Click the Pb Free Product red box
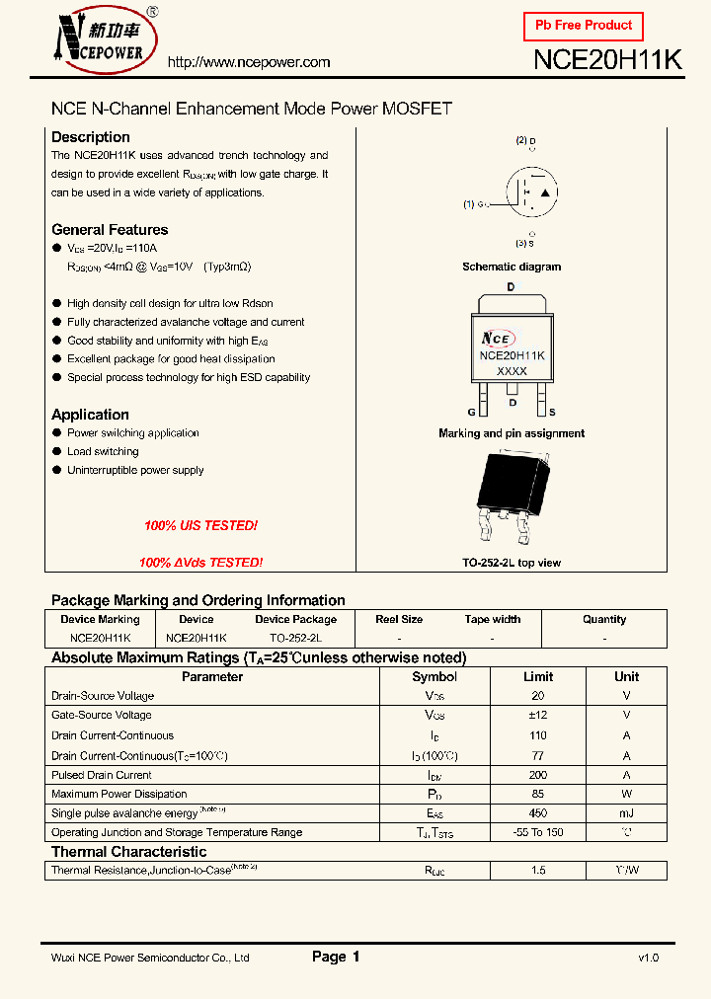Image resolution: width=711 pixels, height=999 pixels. [584, 26]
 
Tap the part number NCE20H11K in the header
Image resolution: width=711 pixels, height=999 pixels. [607, 60]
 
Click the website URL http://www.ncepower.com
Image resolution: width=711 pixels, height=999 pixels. [249, 62]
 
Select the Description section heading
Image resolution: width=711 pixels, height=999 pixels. [91, 137]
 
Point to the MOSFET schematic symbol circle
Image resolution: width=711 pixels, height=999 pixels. [531, 190]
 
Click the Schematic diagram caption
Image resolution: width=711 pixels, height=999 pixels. [512, 267]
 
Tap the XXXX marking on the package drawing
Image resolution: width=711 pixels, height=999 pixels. [512, 371]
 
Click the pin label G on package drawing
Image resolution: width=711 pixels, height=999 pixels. [472, 412]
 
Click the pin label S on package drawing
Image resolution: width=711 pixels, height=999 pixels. [552, 412]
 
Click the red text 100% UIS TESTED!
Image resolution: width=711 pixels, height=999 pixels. [200, 526]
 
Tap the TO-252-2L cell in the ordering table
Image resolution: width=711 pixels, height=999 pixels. [295, 639]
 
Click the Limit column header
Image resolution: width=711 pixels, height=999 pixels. [538, 677]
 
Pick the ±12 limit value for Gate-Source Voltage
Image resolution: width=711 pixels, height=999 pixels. [538, 715]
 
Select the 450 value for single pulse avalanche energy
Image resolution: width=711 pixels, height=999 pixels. [538, 812]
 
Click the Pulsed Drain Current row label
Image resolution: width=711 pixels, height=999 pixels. [102, 775]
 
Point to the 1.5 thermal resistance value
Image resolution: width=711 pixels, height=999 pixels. [538, 871]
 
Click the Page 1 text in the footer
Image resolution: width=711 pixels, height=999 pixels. [336, 957]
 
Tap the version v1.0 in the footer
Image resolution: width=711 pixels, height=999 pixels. [648, 958]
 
